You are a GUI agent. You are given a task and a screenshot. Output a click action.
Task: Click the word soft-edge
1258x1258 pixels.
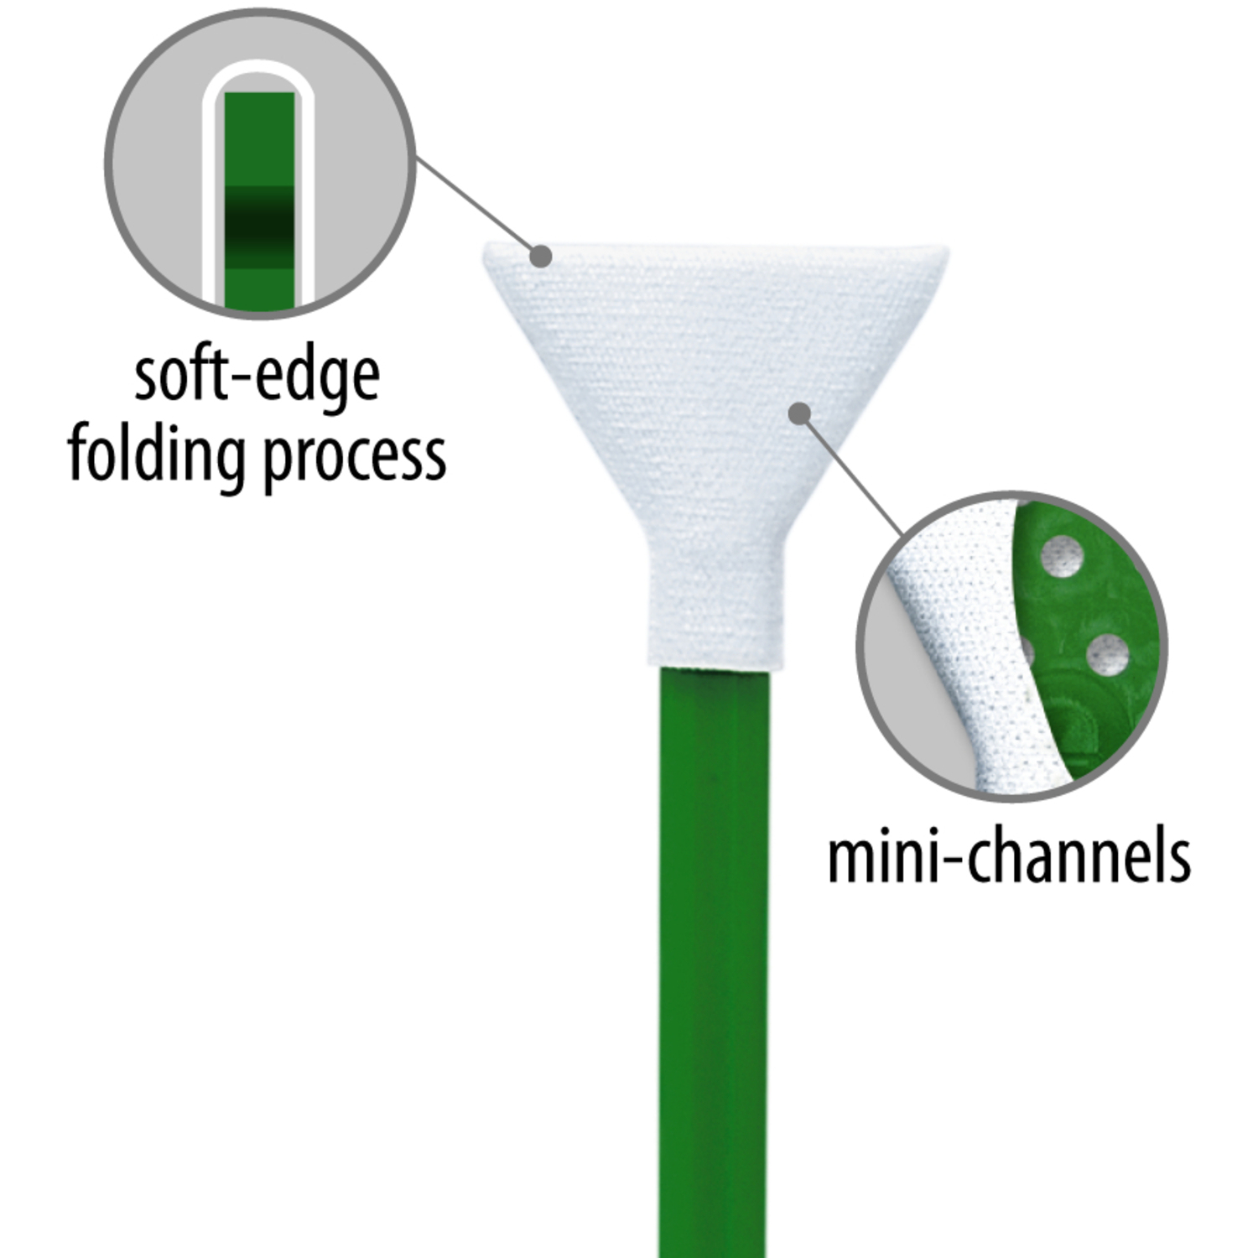tap(257, 378)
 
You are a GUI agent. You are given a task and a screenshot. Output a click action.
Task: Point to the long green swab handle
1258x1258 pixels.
tap(713, 961)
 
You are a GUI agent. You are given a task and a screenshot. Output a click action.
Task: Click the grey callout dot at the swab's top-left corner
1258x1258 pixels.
tap(542, 256)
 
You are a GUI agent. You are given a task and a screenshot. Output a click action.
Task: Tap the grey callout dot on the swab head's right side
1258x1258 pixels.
tap(801, 413)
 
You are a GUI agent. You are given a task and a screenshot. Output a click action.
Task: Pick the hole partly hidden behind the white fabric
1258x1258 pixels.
tap(1026, 650)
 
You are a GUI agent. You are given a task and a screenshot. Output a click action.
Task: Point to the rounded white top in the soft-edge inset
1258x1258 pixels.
tap(259, 80)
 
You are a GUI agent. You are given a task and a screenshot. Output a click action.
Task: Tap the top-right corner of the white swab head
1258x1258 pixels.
tap(948, 248)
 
